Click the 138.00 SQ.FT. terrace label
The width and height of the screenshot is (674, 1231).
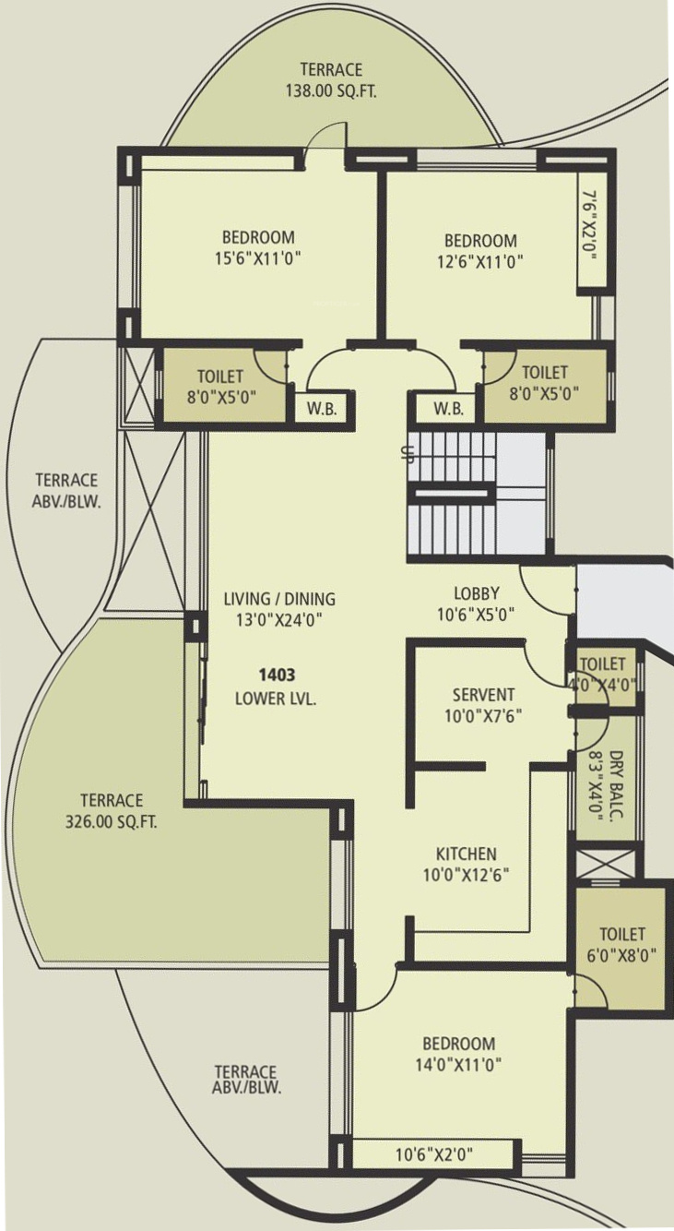pyautogui.click(x=331, y=90)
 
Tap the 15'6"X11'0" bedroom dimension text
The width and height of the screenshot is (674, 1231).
pyautogui.click(x=259, y=258)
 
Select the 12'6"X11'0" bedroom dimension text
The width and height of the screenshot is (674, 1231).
pyautogui.click(x=480, y=260)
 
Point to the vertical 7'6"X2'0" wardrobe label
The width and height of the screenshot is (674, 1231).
pyautogui.click(x=590, y=226)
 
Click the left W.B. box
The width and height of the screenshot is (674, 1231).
pyautogui.click(x=322, y=408)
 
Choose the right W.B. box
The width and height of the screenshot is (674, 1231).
pyautogui.click(x=448, y=408)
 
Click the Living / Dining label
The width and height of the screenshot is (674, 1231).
pyautogui.click(x=279, y=599)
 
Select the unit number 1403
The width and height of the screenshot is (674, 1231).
pyautogui.click(x=278, y=675)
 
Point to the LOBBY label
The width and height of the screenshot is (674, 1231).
pyautogui.click(x=477, y=593)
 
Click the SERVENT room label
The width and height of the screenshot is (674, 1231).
pyautogui.click(x=484, y=695)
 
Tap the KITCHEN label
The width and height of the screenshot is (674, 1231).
pyautogui.click(x=467, y=854)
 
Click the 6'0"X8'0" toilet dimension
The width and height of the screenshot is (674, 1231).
pyautogui.click(x=621, y=956)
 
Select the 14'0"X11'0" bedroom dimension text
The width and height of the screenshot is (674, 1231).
pyautogui.click(x=459, y=1065)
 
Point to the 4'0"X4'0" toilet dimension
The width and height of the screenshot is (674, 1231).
pyautogui.click(x=604, y=685)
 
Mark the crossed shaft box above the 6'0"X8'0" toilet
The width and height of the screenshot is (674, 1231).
pyautogui.click(x=606, y=864)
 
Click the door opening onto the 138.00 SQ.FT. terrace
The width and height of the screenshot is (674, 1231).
pyautogui.click(x=326, y=136)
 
